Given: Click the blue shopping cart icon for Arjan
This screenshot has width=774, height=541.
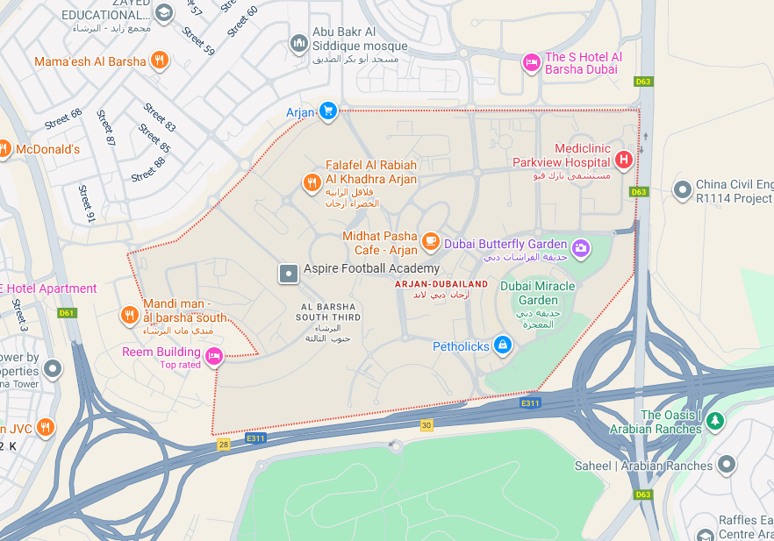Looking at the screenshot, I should (327, 110).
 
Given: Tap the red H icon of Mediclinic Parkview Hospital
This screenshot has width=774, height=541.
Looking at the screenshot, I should (623, 160).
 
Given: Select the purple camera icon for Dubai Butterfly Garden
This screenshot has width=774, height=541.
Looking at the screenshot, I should (580, 247).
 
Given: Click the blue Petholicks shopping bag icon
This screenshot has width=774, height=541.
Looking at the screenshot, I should (502, 345).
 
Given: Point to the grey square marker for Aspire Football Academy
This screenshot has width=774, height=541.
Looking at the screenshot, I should (288, 274).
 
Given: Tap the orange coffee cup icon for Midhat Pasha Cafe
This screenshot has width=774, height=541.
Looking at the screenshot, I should (430, 240).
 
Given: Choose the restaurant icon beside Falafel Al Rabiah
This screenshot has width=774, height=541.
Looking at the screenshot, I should (312, 182).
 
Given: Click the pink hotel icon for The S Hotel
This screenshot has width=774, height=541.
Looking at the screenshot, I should (531, 62).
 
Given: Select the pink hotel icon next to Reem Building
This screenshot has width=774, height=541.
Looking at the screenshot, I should (214, 355).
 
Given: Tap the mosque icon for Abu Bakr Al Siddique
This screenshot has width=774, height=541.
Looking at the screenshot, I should (299, 43).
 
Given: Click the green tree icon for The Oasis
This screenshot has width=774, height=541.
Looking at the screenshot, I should (715, 422).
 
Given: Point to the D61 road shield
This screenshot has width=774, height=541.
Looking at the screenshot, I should (67, 313).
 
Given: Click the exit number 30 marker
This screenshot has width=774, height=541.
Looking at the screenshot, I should (426, 425).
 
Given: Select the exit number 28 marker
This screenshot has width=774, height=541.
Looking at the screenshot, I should (224, 445).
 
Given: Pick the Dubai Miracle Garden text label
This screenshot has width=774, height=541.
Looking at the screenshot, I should (537, 293).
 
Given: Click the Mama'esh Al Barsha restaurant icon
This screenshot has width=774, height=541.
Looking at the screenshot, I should (159, 61).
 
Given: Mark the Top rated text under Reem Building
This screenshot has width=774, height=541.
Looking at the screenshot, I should (180, 365).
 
